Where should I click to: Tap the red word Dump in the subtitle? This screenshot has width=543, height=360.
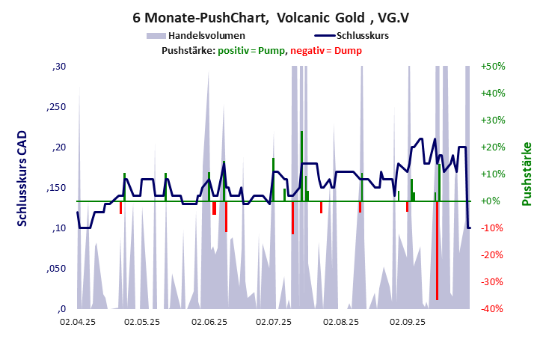click(x=349, y=50)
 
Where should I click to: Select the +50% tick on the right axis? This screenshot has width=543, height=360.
click(x=494, y=67)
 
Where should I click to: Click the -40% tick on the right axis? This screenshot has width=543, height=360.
click(x=494, y=309)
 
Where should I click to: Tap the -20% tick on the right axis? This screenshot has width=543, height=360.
click(x=494, y=255)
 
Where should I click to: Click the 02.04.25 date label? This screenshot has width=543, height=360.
click(x=78, y=322)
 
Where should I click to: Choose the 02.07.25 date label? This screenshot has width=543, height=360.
click(x=274, y=322)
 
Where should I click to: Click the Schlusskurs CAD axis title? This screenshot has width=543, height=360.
click(x=22, y=187)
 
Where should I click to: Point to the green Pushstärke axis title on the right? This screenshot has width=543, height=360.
click(x=526, y=174)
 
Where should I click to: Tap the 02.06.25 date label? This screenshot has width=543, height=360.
click(x=209, y=322)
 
